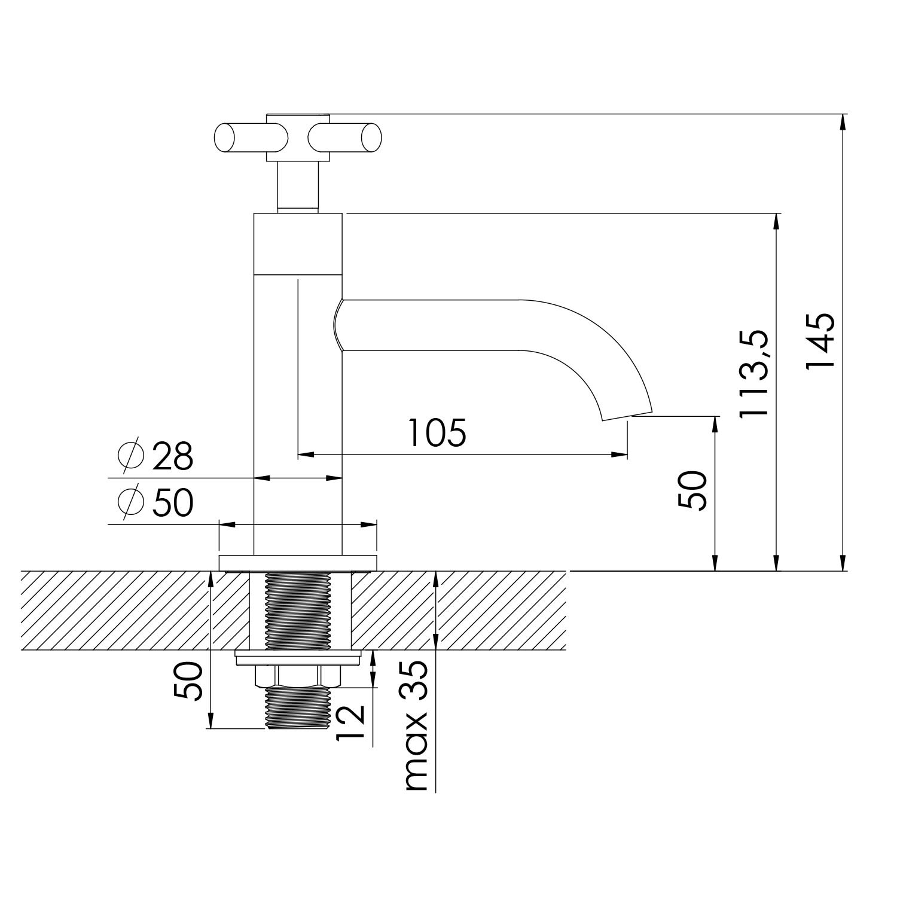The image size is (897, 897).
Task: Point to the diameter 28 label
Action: [x=172, y=457]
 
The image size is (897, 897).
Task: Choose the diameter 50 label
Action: [x=172, y=502]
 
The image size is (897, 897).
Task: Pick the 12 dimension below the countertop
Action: [x=350, y=722]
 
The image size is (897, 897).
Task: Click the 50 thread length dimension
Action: [x=189, y=681]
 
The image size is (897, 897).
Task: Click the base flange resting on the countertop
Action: [x=298, y=563]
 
